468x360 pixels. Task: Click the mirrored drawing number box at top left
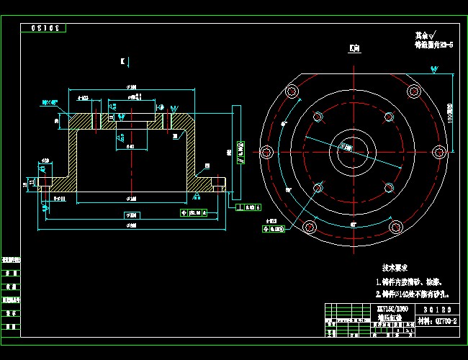coord(44,28)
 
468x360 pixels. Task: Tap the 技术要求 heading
coord(397,266)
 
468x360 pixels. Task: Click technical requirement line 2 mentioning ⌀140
coord(413,294)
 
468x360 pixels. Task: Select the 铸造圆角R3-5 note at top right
coord(433,44)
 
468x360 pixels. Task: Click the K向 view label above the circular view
coord(353,49)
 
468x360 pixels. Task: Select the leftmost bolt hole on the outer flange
coord(266,152)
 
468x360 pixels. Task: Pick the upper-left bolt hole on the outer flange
coord(292,91)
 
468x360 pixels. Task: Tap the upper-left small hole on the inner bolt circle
coord(317,117)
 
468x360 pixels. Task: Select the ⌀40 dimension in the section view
coord(131,146)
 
